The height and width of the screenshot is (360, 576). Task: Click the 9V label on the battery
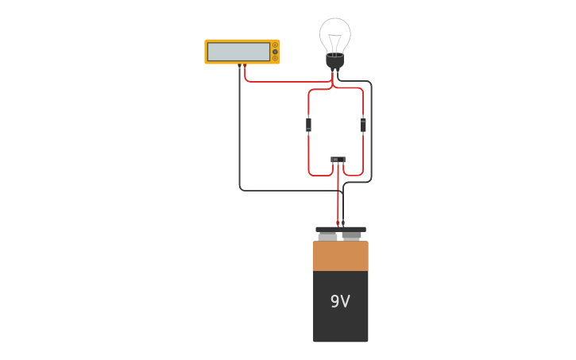340,301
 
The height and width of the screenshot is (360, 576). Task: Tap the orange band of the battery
340,256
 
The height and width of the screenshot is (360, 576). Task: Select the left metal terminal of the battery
327,237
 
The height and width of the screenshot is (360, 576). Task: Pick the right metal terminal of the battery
352,236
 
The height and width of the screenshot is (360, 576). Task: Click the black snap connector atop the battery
340,229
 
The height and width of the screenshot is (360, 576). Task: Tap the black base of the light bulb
335,61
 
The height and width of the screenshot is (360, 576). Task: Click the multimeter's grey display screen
238,52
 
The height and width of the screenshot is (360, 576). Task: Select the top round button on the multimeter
275,45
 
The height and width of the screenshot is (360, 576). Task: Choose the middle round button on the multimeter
275,52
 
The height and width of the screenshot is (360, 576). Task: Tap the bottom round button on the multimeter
275,58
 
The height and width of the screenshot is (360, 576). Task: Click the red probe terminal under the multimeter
245,65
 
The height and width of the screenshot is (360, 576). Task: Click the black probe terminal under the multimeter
239,65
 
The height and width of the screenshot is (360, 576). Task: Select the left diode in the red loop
308,125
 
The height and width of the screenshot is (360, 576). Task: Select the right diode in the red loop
363,125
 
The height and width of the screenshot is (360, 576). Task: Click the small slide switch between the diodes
338,160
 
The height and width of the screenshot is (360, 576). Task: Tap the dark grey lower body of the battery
340,318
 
